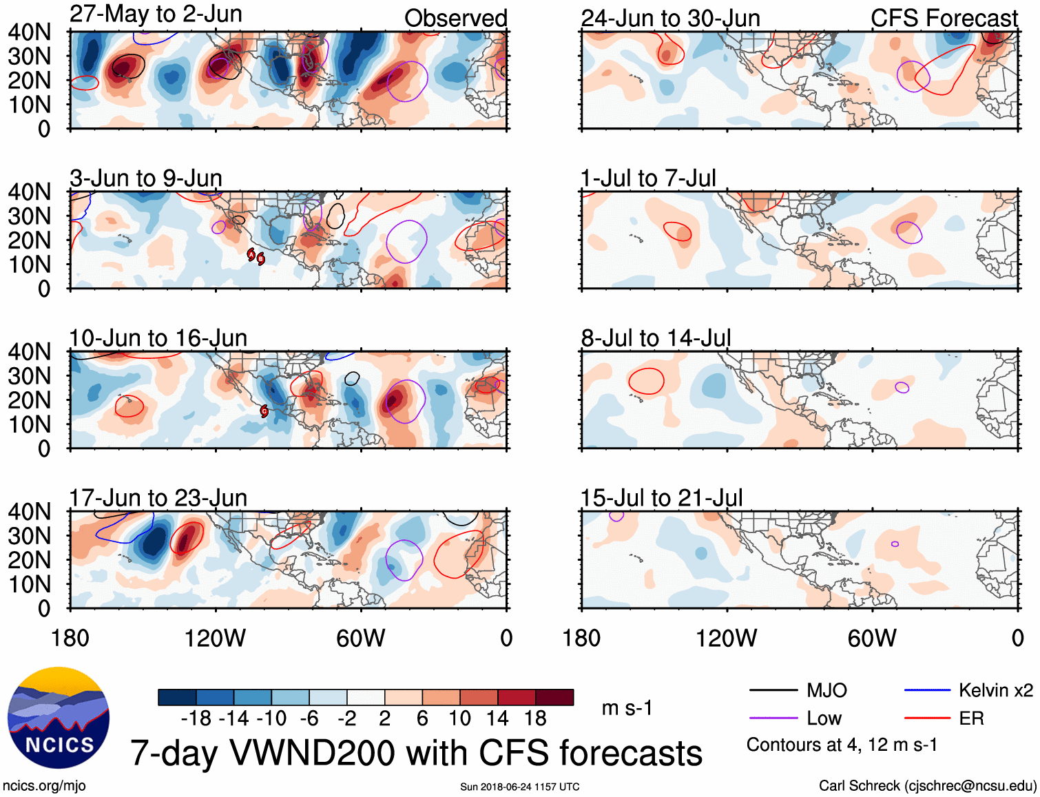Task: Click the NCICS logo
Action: [59, 717]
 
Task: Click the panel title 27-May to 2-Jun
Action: [156, 14]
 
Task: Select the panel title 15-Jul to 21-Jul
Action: [661, 497]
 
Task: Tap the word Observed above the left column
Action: [455, 18]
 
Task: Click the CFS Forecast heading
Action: [944, 18]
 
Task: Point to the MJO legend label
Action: [826, 690]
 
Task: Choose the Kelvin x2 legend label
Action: [995, 690]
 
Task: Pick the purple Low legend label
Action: [824, 718]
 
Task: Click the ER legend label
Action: [971, 718]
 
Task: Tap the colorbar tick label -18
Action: [196, 718]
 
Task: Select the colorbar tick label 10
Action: [459, 718]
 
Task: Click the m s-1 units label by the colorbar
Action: [627, 708]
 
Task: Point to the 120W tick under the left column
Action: [215, 639]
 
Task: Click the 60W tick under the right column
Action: [872, 639]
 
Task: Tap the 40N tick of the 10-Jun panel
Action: [29, 352]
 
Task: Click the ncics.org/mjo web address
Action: [44, 786]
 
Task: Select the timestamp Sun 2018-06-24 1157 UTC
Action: [520, 787]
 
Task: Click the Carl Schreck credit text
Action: [927, 786]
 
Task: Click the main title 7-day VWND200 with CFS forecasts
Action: [416, 753]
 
